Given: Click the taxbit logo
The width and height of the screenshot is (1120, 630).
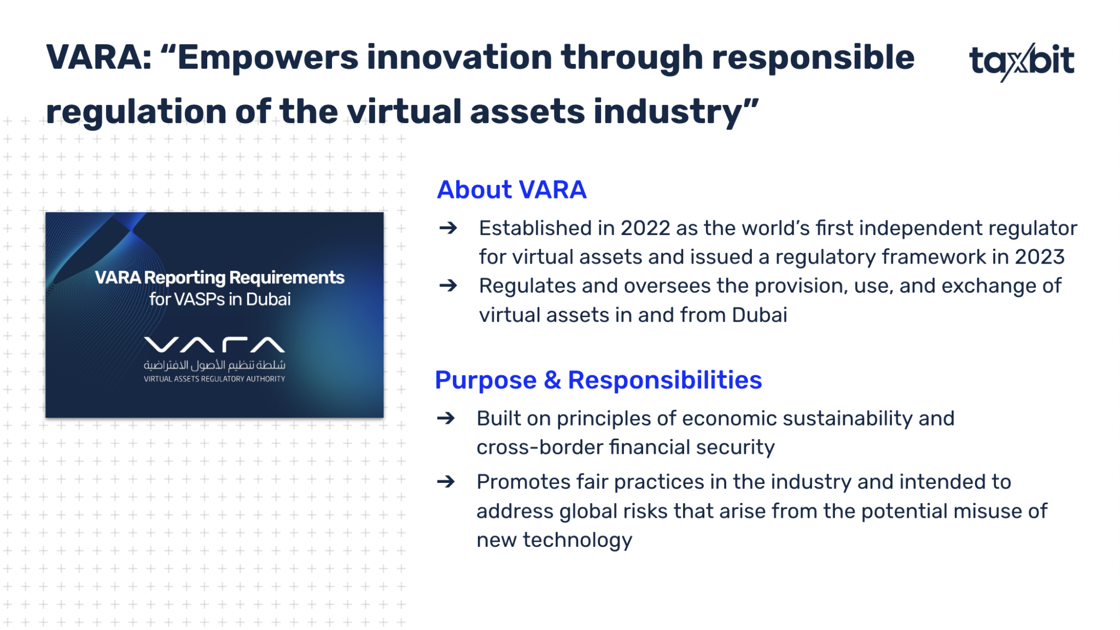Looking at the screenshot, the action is pyautogui.click(x=1022, y=61).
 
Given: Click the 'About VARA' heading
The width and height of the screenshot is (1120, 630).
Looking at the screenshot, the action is pyautogui.click(x=511, y=190).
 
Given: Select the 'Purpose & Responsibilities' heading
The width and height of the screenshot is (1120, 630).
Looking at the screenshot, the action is pyautogui.click(x=598, y=380).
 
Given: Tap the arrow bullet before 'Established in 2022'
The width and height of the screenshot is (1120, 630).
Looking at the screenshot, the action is pyautogui.click(x=448, y=227).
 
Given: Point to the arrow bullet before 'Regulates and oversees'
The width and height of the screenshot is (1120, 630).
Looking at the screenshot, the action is pyautogui.click(x=448, y=285).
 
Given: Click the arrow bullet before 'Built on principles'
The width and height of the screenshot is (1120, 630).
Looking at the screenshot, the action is pyautogui.click(x=446, y=418).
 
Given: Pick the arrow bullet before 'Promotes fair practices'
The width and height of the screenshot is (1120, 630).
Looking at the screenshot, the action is pyautogui.click(x=446, y=482).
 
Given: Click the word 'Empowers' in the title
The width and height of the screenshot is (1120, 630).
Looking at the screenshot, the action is pyautogui.click(x=267, y=59).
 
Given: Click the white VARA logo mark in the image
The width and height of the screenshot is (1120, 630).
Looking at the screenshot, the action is pyautogui.click(x=214, y=345).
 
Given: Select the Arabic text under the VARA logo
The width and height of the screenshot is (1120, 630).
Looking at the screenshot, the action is pyautogui.click(x=214, y=365).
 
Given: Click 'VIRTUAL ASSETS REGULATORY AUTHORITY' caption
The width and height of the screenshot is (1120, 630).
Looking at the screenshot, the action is pyautogui.click(x=214, y=378).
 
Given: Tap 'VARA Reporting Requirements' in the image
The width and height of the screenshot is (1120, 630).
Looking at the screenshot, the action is pyautogui.click(x=220, y=278).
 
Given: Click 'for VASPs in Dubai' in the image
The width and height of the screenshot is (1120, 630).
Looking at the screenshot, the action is pyautogui.click(x=220, y=299).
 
